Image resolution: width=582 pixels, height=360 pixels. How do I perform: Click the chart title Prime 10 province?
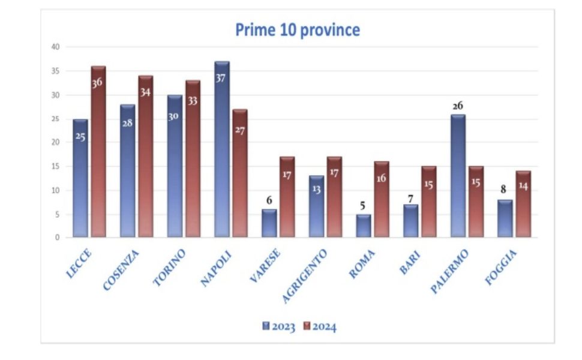pyautogui.click(x=298, y=30)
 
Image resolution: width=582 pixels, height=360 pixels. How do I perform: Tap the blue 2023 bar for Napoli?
pyautogui.click(x=222, y=150)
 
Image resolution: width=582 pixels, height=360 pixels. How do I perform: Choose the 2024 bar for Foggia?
pyautogui.click(x=523, y=205)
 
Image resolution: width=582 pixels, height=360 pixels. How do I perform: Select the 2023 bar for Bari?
pyautogui.click(x=410, y=221)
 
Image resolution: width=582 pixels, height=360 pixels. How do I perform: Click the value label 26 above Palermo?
pyautogui.click(x=458, y=106)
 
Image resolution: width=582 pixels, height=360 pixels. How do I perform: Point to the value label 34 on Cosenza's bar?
pyautogui.click(x=146, y=92)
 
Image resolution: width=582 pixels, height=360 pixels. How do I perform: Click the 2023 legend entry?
pyautogui.click(x=279, y=326)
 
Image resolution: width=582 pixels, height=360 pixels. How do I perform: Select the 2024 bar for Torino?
pyautogui.click(x=193, y=159)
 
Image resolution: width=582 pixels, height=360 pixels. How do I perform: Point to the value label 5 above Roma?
pyautogui.click(x=363, y=206)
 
